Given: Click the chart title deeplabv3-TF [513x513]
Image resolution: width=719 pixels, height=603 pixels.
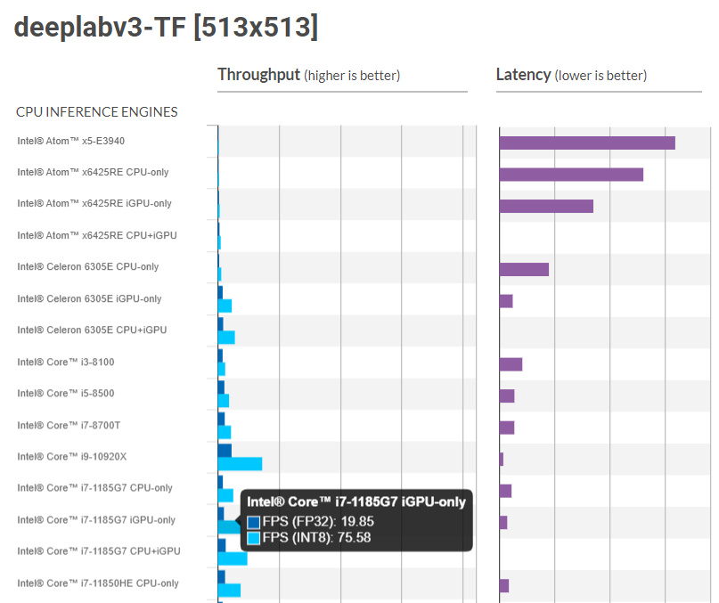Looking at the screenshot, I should point(166,28).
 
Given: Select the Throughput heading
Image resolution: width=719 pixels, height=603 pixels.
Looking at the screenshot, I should point(258,75).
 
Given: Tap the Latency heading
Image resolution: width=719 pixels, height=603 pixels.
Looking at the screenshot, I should point(523,75).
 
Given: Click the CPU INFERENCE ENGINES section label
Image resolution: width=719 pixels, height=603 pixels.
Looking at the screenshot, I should point(97,112).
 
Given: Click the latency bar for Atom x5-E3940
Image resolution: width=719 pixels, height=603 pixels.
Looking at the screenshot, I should point(587,143).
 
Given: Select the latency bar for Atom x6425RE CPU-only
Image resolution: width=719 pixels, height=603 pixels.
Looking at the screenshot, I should point(571,175).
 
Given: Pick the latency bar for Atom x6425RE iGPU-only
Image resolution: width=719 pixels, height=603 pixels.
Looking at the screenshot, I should point(546,206).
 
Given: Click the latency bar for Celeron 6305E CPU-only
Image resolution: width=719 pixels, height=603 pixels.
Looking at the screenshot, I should point(524,269).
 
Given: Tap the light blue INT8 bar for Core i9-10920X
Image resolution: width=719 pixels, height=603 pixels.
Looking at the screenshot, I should point(240,464).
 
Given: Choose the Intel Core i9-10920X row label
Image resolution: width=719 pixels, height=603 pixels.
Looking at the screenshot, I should point(72,457).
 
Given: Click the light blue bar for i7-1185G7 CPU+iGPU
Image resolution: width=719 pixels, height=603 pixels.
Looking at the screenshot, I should point(233,558).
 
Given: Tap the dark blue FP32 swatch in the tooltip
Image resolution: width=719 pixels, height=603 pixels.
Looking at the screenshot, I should point(254,522).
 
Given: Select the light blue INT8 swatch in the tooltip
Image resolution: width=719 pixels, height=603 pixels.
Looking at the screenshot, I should point(254,537).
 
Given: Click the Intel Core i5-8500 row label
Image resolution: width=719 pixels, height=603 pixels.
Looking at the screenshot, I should point(66,394).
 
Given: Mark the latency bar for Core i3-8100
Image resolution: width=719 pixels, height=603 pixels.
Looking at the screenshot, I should point(511,364).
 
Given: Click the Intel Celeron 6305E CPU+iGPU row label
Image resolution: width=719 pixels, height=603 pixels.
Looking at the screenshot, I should point(92,330).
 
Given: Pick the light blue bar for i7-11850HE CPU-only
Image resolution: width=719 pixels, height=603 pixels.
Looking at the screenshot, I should point(229,590).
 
